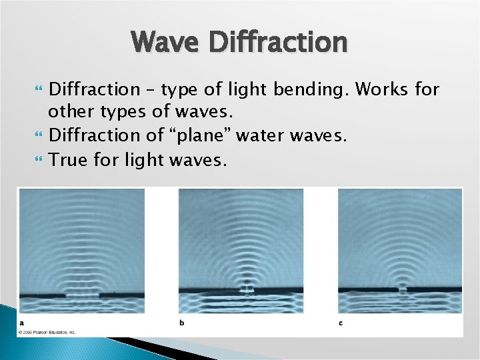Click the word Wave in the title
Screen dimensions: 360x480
tap(164, 42)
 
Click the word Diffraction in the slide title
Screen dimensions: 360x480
tap(279, 42)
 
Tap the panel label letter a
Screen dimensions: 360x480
tap(21, 323)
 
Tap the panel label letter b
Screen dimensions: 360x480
tap(182, 323)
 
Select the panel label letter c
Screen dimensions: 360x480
tap(341, 323)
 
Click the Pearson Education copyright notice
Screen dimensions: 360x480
tap(47, 331)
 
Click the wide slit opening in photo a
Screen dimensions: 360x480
tap(82, 293)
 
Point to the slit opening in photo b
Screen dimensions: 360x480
tap(247, 290)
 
